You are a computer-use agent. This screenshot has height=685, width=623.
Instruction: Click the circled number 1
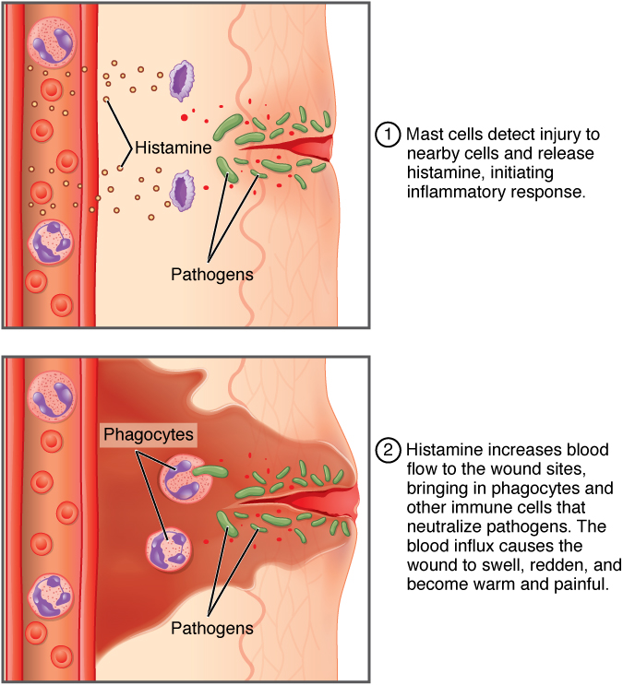point(389,134)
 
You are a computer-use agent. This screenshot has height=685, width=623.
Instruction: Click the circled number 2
point(389,452)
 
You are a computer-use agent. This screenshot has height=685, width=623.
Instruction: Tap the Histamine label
point(174,148)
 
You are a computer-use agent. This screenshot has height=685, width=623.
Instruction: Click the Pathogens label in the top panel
point(211,274)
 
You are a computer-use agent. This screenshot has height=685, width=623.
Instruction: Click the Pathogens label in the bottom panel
point(211,628)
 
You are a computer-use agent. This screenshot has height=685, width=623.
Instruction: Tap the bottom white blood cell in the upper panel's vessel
point(51,242)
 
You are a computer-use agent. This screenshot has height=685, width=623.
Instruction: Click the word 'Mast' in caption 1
point(424,134)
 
